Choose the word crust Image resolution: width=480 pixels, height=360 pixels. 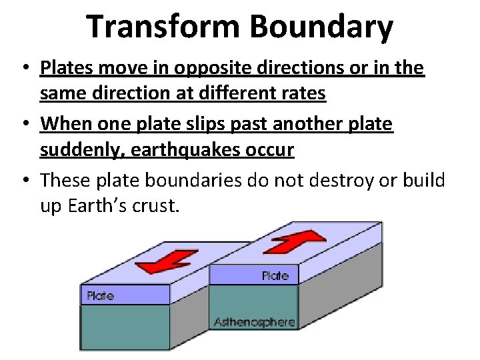click(x=157, y=206)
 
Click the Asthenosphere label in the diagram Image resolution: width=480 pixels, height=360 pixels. click(x=254, y=322)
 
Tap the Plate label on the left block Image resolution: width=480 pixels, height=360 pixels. click(x=99, y=295)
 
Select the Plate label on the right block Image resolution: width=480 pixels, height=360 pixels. click(x=275, y=275)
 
